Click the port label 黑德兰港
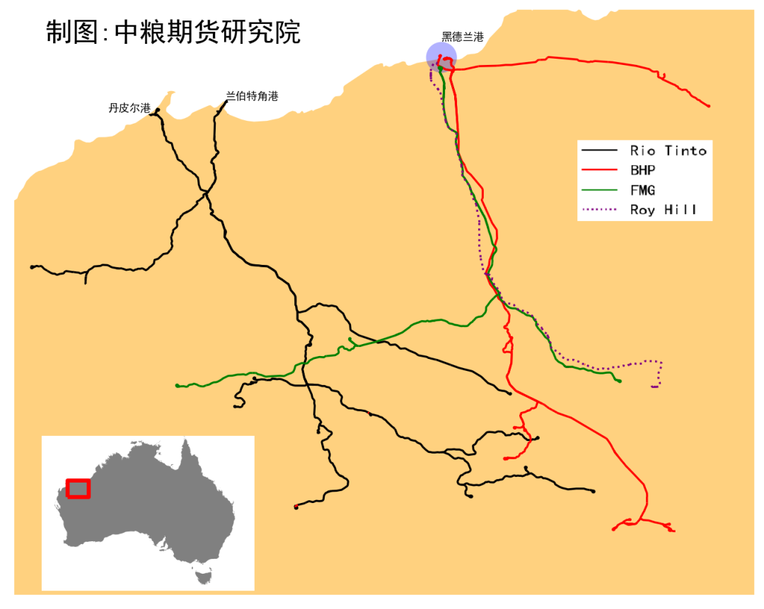click(x=463, y=37)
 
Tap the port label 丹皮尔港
click(x=129, y=108)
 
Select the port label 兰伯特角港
click(x=252, y=96)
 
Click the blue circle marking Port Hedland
click(x=441, y=57)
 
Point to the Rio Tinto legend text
click(x=668, y=150)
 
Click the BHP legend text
click(x=642, y=170)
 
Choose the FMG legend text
click(x=642, y=190)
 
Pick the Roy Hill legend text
click(x=663, y=210)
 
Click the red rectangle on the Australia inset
click(x=78, y=488)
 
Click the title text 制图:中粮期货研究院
click(x=173, y=32)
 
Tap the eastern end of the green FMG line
click(x=620, y=382)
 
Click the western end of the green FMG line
click(x=177, y=386)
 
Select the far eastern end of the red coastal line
click(x=709, y=107)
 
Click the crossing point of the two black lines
click(x=206, y=191)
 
